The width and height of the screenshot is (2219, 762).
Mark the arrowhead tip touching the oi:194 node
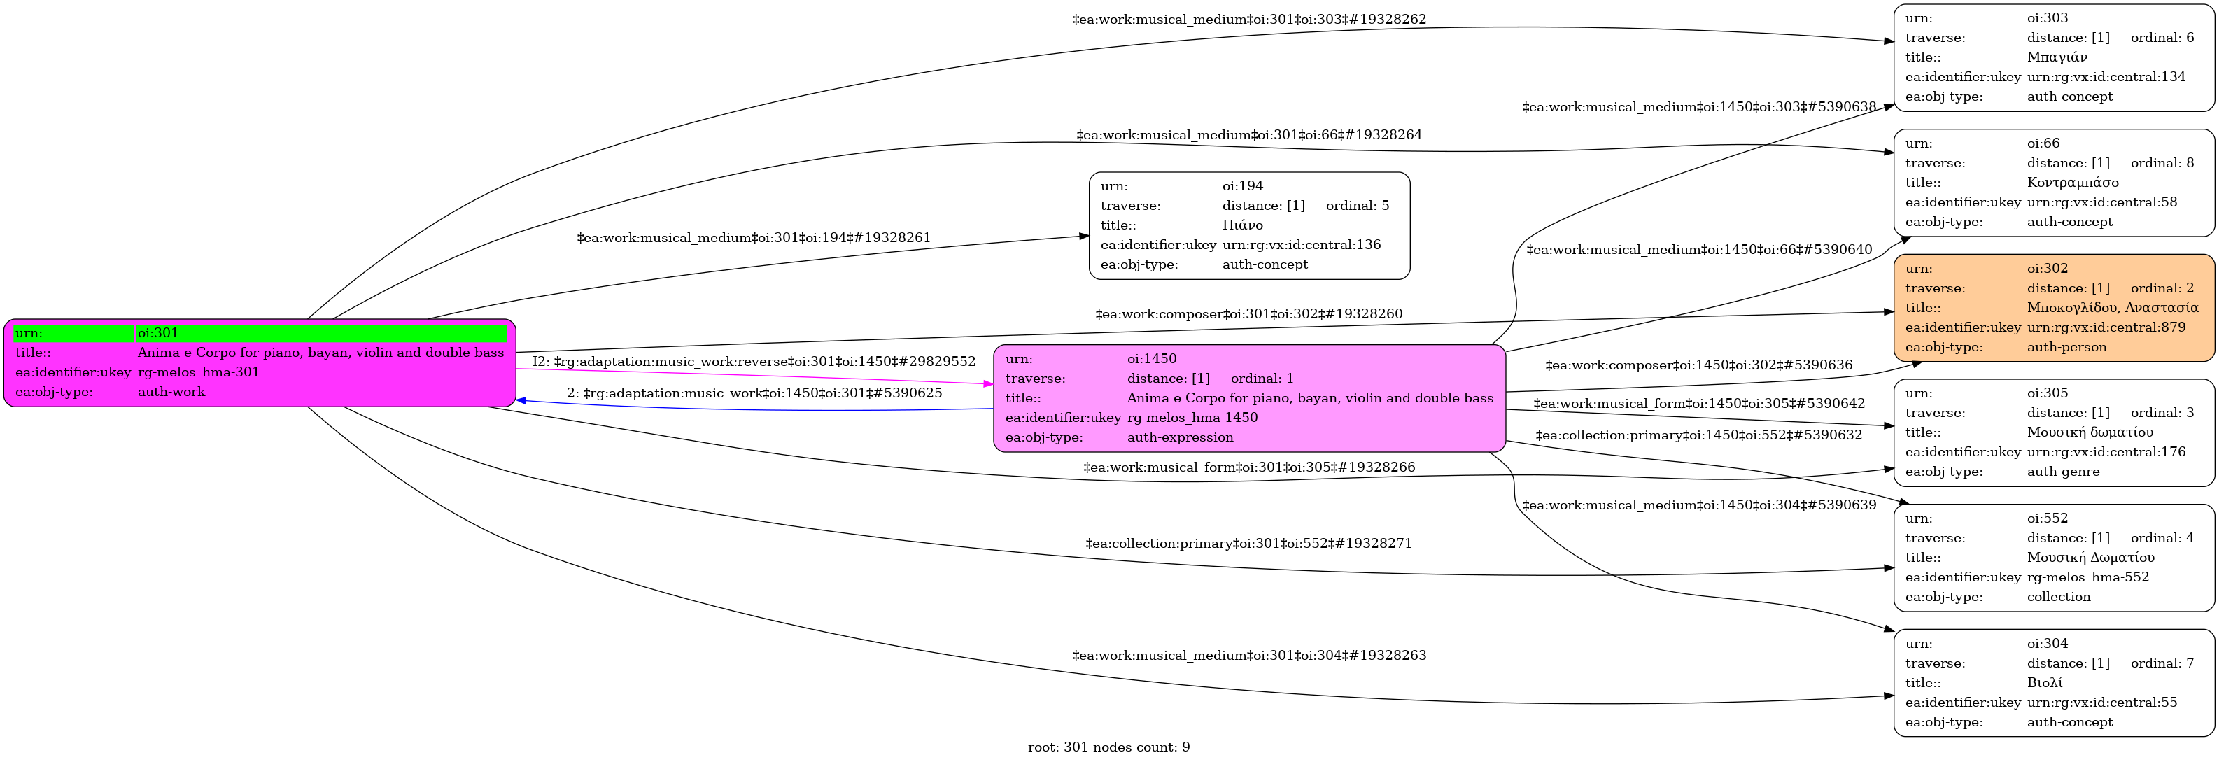(1089, 235)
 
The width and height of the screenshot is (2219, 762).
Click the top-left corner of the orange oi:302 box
(1894, 255)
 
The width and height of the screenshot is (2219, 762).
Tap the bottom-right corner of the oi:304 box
(2215, 736)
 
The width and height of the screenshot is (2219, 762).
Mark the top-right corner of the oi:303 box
(2215, 4)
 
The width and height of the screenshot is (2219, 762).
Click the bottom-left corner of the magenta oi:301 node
(4, 407)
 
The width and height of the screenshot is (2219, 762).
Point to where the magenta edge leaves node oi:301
(516, 369)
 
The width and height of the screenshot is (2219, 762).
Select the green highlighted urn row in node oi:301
(261, 333)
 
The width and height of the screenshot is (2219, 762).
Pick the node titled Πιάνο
(1249, 225)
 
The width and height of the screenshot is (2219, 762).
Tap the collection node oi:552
(2055, 558)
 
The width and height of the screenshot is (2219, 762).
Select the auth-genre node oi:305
(2055, 432)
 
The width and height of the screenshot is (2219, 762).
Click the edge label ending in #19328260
(1249, 314)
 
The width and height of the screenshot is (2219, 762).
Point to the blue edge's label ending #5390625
(754, 393)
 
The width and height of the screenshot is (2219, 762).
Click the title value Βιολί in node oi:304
(2044, 683)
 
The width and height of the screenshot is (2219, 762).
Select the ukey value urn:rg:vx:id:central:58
(2102, 202)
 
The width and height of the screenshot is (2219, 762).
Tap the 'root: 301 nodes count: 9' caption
(1108, 747)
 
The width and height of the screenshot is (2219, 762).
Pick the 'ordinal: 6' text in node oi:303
(2162, 38)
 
